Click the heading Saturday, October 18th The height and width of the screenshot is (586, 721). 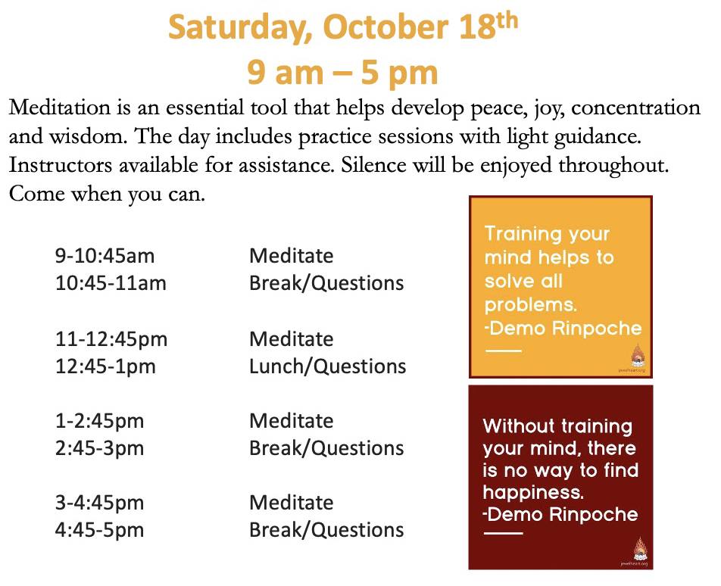[343, 26]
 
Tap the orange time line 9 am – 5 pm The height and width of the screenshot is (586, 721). [342, 73]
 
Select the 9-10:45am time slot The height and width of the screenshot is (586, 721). [105, 256]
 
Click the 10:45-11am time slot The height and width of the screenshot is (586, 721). [111, 283]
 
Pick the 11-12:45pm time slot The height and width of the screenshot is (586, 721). [111, 340]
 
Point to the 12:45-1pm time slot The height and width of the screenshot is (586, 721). [105, 367]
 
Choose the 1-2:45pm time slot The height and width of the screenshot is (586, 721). [99, 422]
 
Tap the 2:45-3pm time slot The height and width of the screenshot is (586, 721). [99, 449]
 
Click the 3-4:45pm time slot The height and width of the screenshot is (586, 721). [99, 503]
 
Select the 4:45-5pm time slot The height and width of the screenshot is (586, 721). [99, 531]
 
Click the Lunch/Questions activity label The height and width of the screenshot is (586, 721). [327, 366]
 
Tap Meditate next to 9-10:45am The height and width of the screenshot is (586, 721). [291, 256]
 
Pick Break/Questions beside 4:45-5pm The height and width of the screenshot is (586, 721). [326, 530]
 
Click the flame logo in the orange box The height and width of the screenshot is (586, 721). [638, 356]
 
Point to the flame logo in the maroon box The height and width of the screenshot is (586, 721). [640, 549]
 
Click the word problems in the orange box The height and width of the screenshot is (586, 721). [530, 305]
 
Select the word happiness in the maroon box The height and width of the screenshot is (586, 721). [533, 493]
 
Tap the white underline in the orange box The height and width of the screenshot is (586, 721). [504, 351]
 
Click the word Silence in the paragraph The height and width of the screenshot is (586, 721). [373, 165]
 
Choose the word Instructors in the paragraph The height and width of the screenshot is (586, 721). [61, 166]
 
